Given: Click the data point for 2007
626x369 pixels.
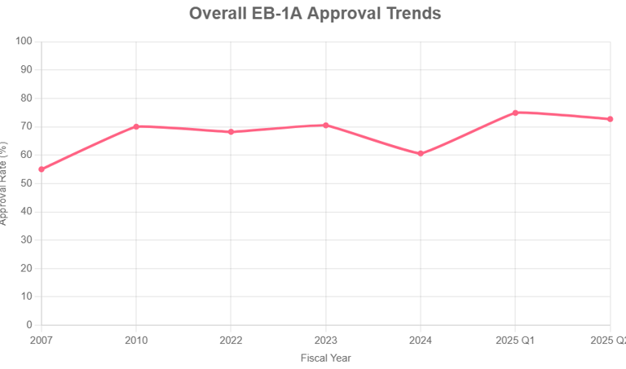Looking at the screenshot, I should [x=42, y=169].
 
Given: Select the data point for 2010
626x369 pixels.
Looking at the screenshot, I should [x=136, y=126].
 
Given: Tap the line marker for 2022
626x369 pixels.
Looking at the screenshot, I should [x=231, y=132].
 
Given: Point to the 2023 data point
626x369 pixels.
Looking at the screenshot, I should [x=326, y=125].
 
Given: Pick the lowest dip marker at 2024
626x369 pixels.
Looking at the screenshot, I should [x=421, y=153].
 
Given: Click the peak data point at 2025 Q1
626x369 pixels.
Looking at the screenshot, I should [x=515, y=112].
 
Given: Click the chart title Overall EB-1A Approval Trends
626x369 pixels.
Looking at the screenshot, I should [x=315, y=14].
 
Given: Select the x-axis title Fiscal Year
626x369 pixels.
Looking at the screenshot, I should [x=325, y=358].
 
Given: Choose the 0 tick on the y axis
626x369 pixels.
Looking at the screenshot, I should [x=29, y=325].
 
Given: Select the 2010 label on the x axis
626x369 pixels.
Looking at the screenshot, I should [x=136, y=340].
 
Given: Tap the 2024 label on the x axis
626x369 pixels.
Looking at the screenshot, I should [x=421, y=340].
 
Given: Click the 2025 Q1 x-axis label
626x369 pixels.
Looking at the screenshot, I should [x=515, y=340].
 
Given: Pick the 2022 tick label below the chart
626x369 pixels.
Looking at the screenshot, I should [x=231, y=340].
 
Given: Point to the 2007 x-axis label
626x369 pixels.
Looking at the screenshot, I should [x=42, y=340].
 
